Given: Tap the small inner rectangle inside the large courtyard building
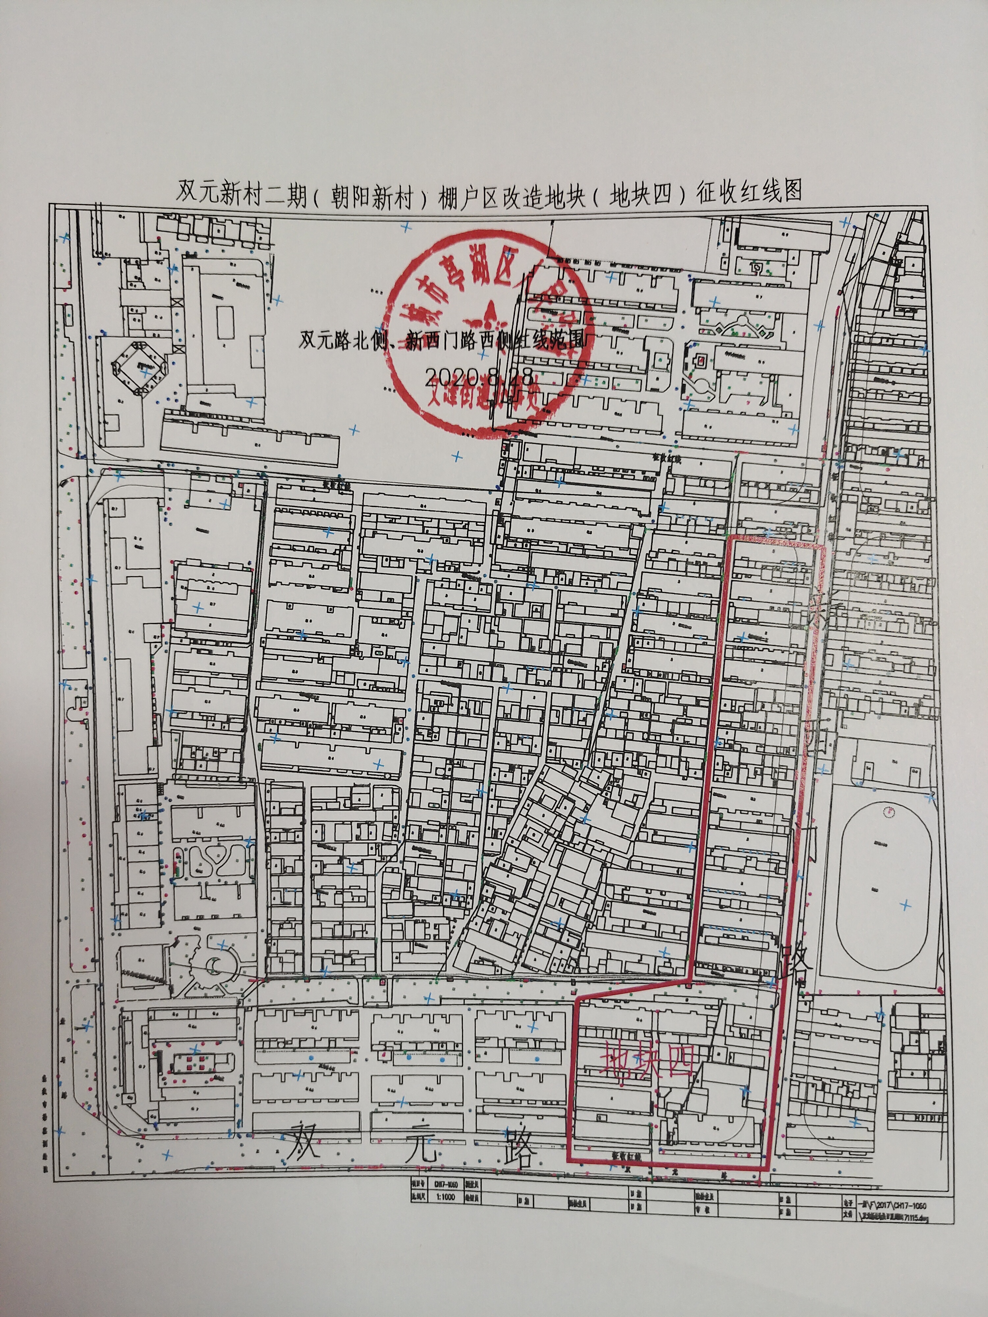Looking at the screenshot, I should click(x=225, y=315).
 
